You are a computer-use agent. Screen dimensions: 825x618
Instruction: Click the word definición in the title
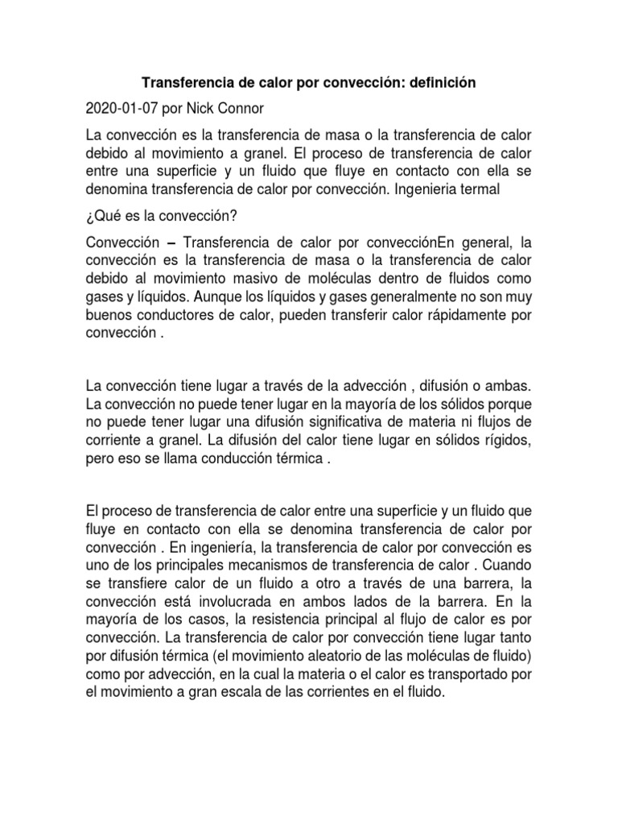pyautogui.click(x=439, y=83)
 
